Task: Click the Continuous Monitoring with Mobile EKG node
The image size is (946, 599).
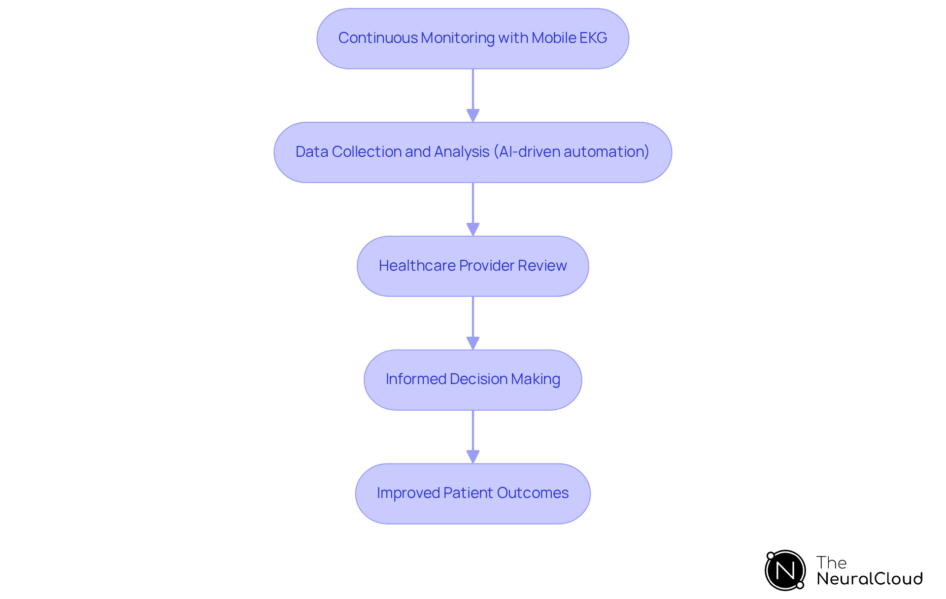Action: pyautogui.click(x=473, y=38)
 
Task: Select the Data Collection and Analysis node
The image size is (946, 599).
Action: pyautogui.click(x=473, y=152)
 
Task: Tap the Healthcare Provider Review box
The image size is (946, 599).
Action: pyautogui.click(x=473, y=266)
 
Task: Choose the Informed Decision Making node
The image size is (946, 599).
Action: pyautogui.click(x=473, y=380)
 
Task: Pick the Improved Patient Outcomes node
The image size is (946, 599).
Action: pyautogui.click(x=473, y=493)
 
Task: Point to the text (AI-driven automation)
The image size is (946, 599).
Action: pyautogui.click(x=572, y=152)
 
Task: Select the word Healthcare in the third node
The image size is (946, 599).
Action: pyautogui.click(x=417, y=266)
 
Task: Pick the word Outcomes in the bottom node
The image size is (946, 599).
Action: pyautogui.click(x=533, y=493)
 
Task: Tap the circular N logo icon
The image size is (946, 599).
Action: pyautogui.click(x=785, y=570)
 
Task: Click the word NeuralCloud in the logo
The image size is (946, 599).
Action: pyautogui.click(x=870, y=579)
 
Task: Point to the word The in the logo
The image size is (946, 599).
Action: pyautogui.click(x=831, y=563)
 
